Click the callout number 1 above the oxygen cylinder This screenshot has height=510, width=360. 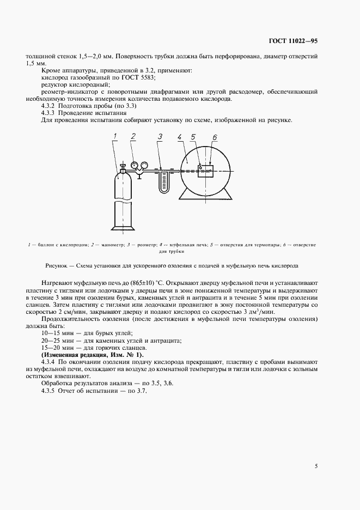[x=116, y=136]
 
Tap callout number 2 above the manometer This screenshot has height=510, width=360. [x=133, y=136]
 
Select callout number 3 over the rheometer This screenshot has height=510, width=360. [x=160, y=136]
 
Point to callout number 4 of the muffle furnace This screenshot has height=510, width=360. [x=180, y=137]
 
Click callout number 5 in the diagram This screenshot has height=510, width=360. [x=194, y=137]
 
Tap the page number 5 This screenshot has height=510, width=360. [x=316, y=465]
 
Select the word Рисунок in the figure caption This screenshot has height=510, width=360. [x=54, y=265]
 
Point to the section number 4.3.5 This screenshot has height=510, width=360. [x=50, y=392]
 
